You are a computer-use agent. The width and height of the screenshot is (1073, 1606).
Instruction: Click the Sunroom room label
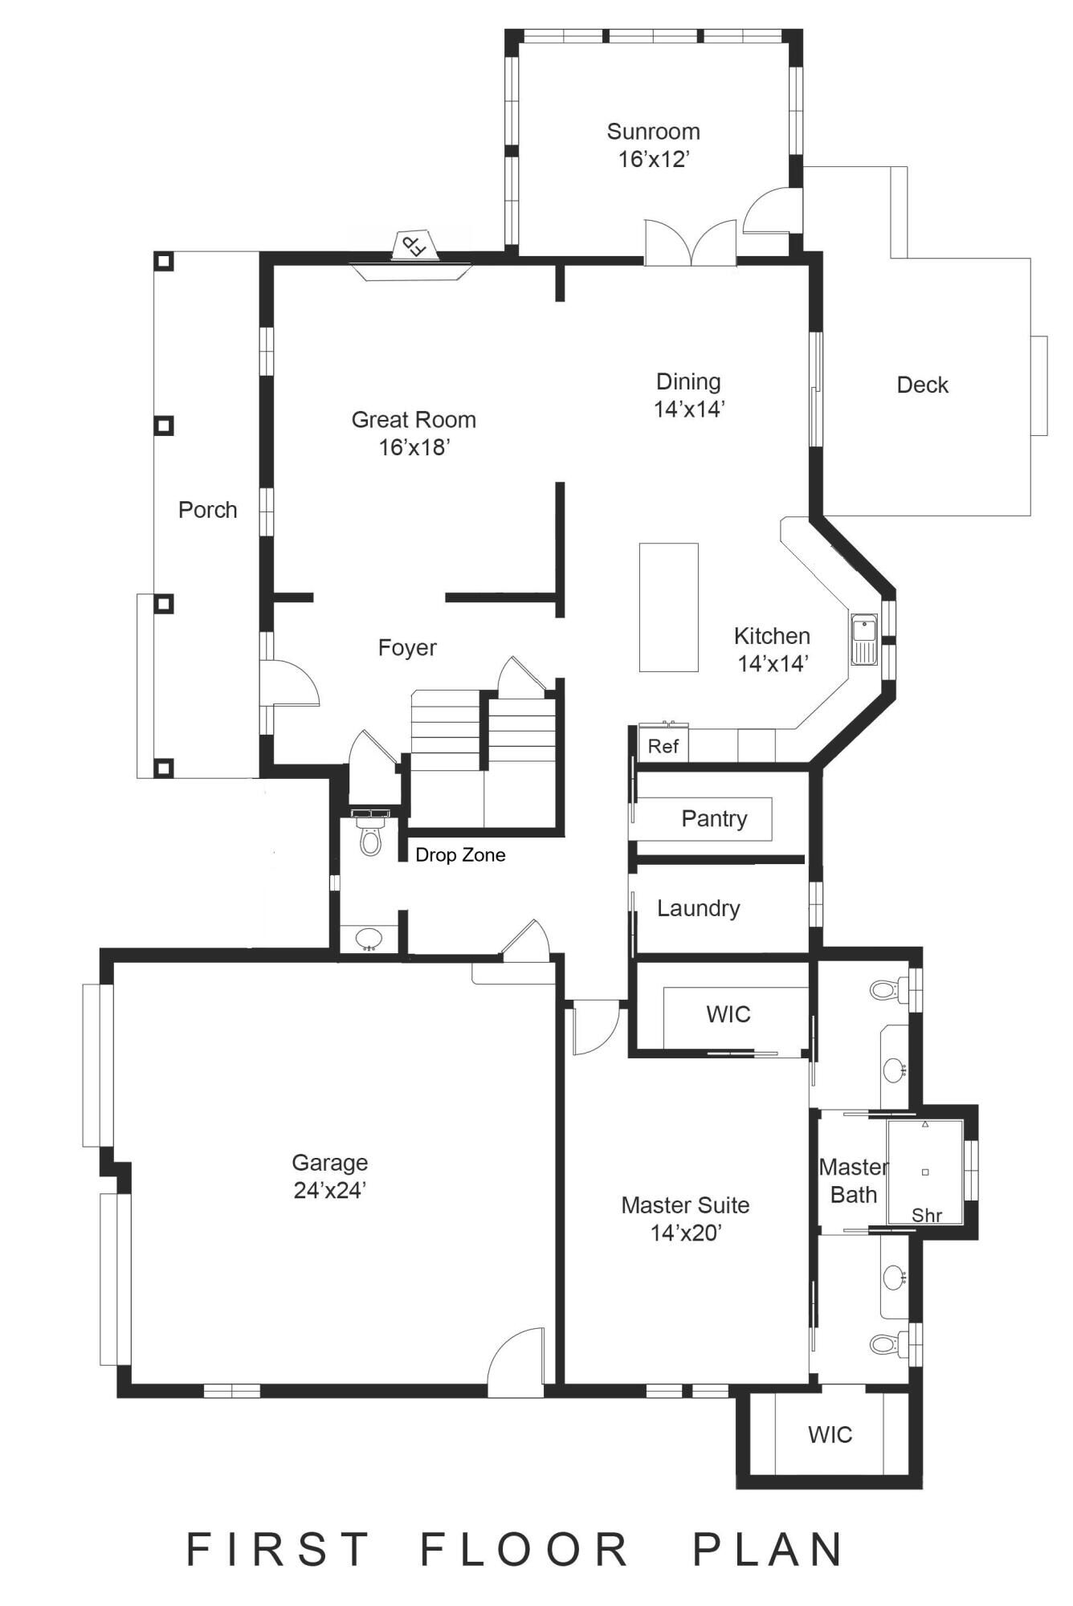click(x=653, y=132)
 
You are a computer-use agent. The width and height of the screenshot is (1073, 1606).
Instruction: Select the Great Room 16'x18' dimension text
click(x=414, y=447)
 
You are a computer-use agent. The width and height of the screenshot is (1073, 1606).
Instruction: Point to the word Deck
click(x=922, y=385)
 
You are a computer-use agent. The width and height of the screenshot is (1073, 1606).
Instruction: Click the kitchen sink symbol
click(x=864, y=640)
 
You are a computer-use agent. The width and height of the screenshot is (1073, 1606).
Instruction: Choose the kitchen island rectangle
click(x=668, y=607)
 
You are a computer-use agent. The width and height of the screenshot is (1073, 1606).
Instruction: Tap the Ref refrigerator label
click(x=663, y=747)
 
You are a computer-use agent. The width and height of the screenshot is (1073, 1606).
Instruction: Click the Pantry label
click(x=714, y=819)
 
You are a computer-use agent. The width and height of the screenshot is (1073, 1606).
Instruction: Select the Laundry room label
click(x=698, y=909)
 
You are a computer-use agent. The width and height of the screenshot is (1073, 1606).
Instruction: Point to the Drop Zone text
click(x=460, y=855)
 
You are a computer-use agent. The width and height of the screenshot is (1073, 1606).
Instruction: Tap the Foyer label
click(x=407, y=648)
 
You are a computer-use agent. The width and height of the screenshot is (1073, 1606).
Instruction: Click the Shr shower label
click(x=926, y=1216)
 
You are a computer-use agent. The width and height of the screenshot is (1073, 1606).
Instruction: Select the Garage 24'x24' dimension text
click(x=329, y=1191)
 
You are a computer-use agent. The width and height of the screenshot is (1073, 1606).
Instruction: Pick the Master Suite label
click(x=685, y=1205)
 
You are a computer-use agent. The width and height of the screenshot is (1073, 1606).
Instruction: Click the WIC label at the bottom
click(x=830, y=1435)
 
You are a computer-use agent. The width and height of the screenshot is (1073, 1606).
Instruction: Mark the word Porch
click(x=207, y=511)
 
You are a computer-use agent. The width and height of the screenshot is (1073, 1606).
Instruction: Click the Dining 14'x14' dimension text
click(x=688, y=410)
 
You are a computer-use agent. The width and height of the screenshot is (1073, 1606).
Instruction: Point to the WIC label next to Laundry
click(x=728, y=1014)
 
